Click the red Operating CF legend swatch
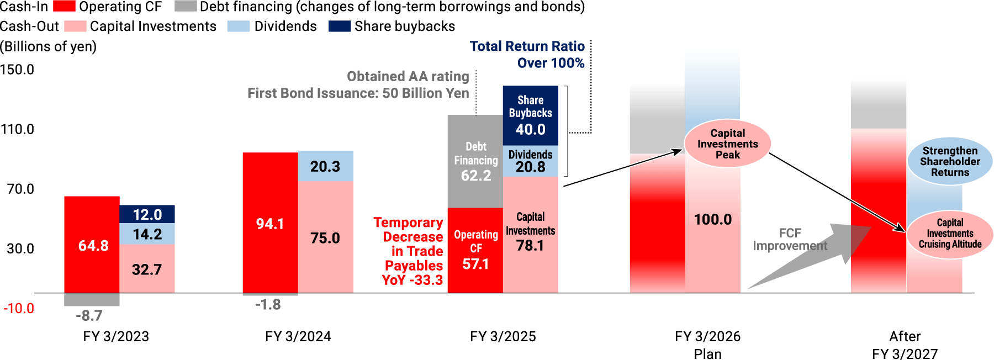coord(64,7)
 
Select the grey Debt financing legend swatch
coord(186,7)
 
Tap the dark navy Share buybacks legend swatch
coord(339,27)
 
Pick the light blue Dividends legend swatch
coord(239,27)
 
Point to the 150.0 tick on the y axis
coord(17,70)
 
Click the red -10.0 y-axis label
coord(19,308)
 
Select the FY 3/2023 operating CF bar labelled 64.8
coord(92,245)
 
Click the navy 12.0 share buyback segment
coord(147,214)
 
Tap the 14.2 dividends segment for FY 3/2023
coord(147,234)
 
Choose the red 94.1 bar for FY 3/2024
coord(270,223)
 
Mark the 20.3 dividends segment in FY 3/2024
coord(325,166)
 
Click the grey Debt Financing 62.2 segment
coord(475,161)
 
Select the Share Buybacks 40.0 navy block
coord(530,115)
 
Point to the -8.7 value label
coord(89,315)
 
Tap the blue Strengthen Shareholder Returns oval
coord(950,161)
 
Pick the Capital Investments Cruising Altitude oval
coord(950,234)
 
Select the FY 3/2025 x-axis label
coord(503,336)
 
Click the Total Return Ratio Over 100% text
coord(527,55)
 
